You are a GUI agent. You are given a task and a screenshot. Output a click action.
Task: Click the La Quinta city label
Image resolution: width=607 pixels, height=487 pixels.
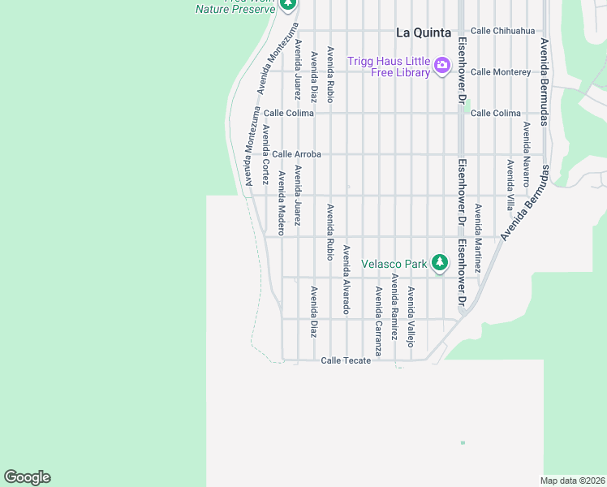(423, 32)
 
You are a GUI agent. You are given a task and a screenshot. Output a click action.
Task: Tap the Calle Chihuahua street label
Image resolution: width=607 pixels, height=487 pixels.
(502, 31)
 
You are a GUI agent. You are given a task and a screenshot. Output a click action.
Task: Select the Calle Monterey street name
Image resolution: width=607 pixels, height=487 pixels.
(500, 71)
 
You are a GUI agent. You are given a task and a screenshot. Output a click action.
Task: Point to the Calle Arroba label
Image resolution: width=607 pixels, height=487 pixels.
(296, 153)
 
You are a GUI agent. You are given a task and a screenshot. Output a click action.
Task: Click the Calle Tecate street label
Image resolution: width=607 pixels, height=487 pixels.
(346, 360)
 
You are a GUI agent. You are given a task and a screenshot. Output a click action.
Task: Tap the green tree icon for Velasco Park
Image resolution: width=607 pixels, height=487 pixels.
(439, 262)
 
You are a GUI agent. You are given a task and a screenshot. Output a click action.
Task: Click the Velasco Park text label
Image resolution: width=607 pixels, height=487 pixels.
(394, 263)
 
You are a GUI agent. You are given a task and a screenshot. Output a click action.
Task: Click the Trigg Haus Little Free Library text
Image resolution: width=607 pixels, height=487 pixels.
(389, 67)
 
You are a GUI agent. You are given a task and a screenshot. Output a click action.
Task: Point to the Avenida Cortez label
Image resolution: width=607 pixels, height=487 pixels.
(265, 155)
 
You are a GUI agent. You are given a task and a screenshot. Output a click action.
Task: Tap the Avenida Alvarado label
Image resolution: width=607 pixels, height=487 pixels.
(346, 280)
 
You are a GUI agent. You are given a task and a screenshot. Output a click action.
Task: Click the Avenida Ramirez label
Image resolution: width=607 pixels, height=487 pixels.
(394, 305)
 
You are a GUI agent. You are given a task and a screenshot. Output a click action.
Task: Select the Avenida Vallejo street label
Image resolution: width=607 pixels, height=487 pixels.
(411, 317)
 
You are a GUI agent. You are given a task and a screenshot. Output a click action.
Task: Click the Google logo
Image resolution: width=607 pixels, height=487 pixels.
(27, 477)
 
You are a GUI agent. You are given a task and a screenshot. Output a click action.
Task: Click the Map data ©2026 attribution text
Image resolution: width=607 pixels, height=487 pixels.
(572, 481)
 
